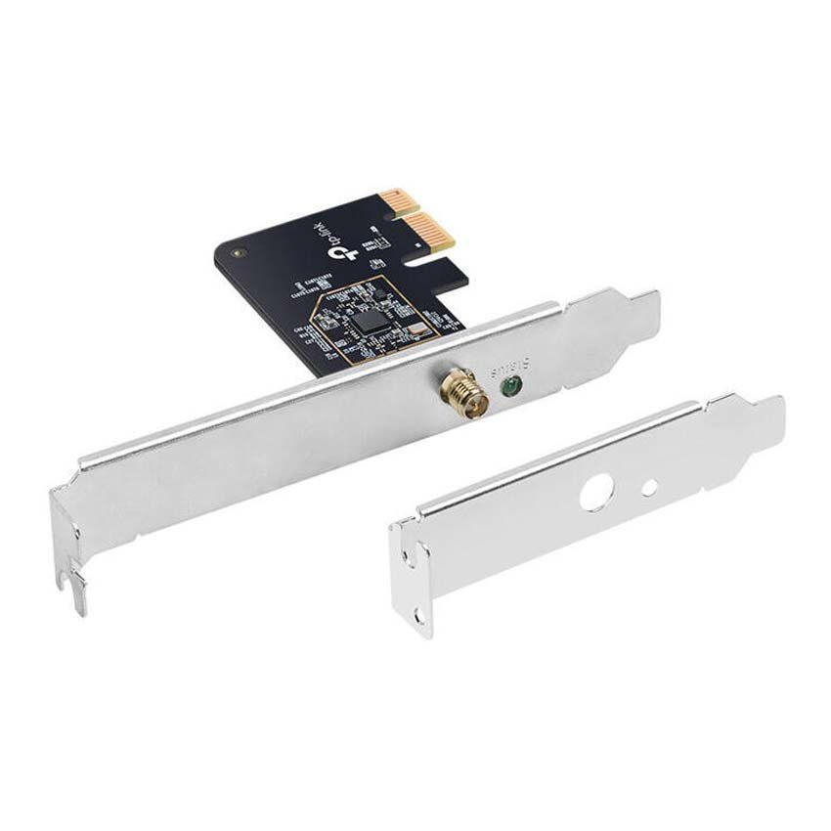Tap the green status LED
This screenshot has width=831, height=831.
(x=508, y=387)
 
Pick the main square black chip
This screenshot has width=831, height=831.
(x=369, y=319)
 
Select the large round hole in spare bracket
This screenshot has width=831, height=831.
(x=594, y=495)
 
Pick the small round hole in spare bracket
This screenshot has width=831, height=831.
(x=648, y=485)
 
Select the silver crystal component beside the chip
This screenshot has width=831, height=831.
(x=415, y=329)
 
